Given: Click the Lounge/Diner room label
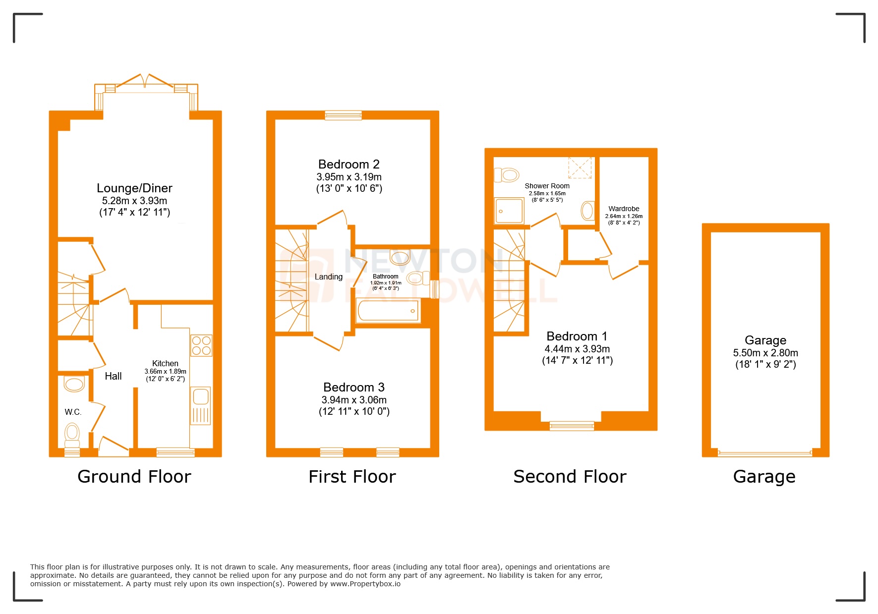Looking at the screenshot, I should (x=134, y=188).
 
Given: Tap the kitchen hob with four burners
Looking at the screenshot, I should (x=201, y=345).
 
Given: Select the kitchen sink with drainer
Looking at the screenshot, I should (x=201, y=405).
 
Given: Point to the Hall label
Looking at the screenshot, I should (x=113, y=376).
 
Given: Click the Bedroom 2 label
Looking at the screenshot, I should (x=349, y=165).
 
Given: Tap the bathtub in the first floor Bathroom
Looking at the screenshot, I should (x=388, y=311).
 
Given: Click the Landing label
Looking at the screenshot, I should (x=328, y=277).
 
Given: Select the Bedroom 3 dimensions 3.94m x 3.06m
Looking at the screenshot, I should (x=354, y=400).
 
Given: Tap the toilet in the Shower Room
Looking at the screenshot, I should (x=506, y=175).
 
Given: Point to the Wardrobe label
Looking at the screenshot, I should (x=624, y=209).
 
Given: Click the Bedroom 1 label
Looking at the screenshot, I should (x=577, y=336).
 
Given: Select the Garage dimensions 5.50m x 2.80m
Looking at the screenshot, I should (x=765, y=353).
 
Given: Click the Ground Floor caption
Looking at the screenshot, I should (x=134, y=477).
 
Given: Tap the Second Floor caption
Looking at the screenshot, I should (x=570, y=477).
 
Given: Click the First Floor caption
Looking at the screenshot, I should (x=352, y=477).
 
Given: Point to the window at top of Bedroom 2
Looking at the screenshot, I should (x=343, y=115).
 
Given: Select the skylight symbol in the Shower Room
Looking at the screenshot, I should (x=580, y=167).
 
